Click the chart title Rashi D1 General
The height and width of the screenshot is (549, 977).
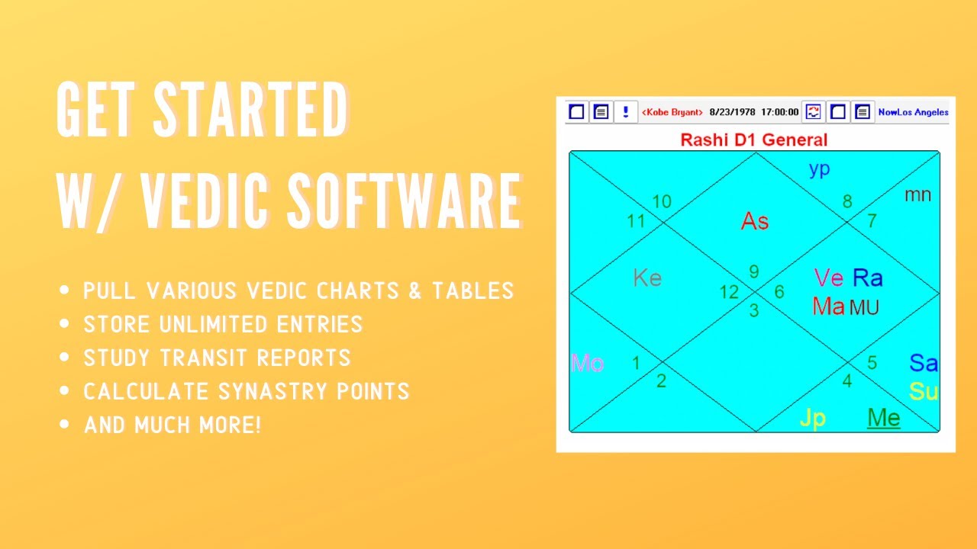pyautogui.click(x=753, y=140)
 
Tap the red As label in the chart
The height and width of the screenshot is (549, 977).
pyautogui.click(x=754, y=221)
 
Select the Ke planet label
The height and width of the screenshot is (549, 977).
pyautogui.click(x=647, y=278)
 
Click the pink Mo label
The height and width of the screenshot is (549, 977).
pyautogui.click(x=587, y=363)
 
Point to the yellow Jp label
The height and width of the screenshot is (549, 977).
pyautogui.click(x=813, y=418)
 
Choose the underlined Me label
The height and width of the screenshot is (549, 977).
pyautogui.click(x=884, y=418)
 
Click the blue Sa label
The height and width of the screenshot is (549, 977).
pyautogui.click(x=924, y=363)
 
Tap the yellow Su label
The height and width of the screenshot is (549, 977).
pyautogui.click(x=924, y=392)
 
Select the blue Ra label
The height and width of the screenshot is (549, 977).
pyautogui.click(x=867, y=278)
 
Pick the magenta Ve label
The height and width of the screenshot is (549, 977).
pyautogui.click(x=829, y=278)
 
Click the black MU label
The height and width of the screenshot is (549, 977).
pyautogui.click(x=864, y=307)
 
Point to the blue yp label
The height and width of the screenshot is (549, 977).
pyautogui.click(x=819, y=169)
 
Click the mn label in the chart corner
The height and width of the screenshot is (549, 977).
pyautogui.click(x=917, y=194)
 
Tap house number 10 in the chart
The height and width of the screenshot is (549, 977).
pyautogui.click(x=661, y=201)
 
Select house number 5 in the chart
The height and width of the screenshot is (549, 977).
pyautogui.click(x=872, y=362)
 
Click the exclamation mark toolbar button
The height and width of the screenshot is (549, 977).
pyautogui.click(x=625, y=112)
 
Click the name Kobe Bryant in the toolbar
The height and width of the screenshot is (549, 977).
pyautogui.click(x=672, y=112)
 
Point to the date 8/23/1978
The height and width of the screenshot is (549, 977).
pyautogui.click(x=732, y=112)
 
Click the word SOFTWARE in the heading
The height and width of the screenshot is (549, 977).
pyautogui.click(x=405, y=201)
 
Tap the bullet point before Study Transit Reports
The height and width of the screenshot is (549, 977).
pyautogui.click(x=65, y=358)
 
